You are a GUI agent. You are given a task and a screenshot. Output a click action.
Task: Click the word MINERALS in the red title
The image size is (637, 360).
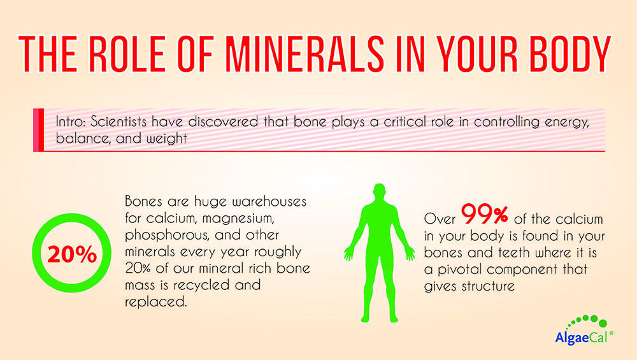point(304,54)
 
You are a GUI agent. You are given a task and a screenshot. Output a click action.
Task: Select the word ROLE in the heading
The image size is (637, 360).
point(127,54)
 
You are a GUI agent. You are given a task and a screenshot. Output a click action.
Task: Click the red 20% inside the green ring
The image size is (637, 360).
point(72,254)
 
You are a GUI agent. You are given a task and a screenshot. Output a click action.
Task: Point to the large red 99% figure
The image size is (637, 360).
point(484,214)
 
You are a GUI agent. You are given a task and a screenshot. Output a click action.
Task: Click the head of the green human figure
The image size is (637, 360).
point(379,192)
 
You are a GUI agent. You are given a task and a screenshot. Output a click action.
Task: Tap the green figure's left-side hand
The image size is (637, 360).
point(348,253)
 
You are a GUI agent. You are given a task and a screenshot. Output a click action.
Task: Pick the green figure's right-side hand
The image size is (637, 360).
point(410,253)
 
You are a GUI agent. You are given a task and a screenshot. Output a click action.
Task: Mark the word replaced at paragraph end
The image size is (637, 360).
point(156,303)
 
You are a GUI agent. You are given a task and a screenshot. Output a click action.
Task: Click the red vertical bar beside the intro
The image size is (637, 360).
point(39,130)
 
